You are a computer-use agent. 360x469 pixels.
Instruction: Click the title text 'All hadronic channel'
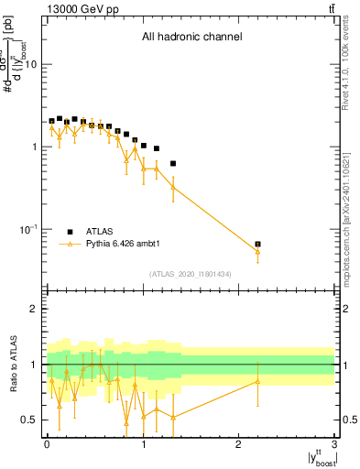191,38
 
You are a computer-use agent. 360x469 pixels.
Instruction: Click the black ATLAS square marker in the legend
69,232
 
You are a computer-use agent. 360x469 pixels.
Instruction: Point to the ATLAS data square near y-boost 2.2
258,245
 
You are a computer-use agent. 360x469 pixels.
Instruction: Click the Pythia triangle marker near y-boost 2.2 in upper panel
258,251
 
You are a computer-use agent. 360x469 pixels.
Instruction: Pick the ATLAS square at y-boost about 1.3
173,164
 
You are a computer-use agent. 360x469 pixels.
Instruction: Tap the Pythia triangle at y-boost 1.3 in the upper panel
173,188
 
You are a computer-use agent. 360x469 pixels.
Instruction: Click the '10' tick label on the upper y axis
31,65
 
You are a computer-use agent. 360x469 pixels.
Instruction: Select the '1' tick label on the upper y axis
35,147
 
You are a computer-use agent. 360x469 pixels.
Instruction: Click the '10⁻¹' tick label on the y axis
27,228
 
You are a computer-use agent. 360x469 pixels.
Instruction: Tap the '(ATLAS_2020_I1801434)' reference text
191,274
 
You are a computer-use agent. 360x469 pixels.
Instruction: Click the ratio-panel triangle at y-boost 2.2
258,381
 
